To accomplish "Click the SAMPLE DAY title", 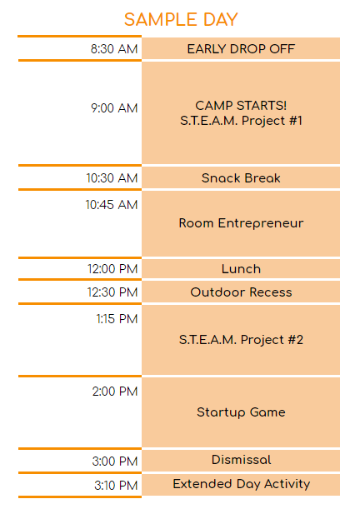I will (x=180, y=19).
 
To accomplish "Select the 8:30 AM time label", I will (x=114, y=49).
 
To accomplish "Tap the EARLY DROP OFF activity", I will (x=241, y=49).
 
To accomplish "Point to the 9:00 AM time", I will (x=114, y=108).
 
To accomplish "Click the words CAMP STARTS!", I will (x=241, y=106).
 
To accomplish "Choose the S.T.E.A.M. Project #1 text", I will (x=241, y=121).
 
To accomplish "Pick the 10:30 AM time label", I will (x=112, y=178).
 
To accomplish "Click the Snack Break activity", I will (x=241, y=178).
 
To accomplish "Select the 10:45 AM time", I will (x=112, y=205).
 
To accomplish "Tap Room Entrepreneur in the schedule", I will (x=241, y=223).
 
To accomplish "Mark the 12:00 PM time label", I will (x=112, y=269).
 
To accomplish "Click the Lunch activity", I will (x=241, y=269).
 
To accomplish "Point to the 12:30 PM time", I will (x=112, y=292).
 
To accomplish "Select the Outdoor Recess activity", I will (x=241, y=292).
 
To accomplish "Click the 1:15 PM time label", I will (x=117, y=318).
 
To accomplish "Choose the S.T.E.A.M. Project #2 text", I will (x=241, y=340).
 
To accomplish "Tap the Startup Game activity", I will (x=241, y=412).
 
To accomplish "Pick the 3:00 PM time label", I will (x=115, y=461).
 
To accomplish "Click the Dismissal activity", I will (x=241, y=460).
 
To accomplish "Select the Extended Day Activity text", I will (x=241, y=484).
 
